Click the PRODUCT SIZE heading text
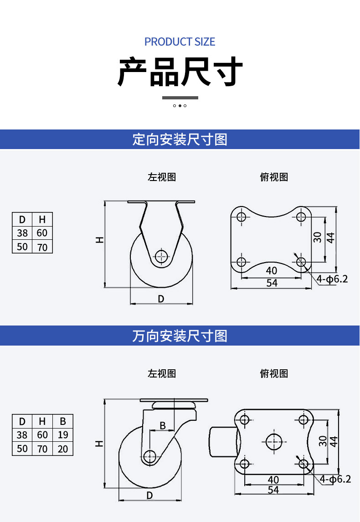pos(180,41)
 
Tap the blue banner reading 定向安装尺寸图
pos(180,139)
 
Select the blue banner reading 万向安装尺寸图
pos(180,336)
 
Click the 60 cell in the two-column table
pos(42,233)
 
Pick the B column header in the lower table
pos(63,421)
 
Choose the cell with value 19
pos(63,435)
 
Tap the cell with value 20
pos(63,449)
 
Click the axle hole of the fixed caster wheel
pos(161,256)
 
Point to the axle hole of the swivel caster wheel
pos(150,456)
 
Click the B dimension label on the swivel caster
pos(163,425)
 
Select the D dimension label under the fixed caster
pos(161,299)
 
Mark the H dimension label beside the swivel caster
pos(99,444)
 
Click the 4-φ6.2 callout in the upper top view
pos(332,279)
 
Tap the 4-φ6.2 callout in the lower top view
pos(335,479)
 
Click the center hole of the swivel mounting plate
pos(274,442)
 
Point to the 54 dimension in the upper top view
pos(272,283)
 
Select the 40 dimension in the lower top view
pos(273,480)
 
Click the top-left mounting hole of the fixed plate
pos(241,217)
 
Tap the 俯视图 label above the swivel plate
pos(274,373)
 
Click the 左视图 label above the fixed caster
pos(162,177)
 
